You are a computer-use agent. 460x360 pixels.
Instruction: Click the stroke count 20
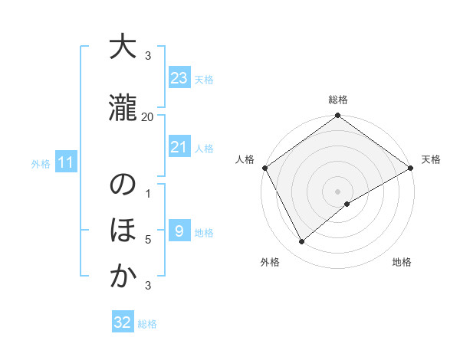[148, 116]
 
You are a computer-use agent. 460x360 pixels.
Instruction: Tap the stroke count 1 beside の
[148, 193]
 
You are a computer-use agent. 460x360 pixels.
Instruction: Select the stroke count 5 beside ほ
[148, 240]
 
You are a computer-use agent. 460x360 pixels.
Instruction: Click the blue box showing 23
[179, 78]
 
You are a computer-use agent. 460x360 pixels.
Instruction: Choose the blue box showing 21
[179, 148]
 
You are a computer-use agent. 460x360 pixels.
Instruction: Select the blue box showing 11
[66, 162]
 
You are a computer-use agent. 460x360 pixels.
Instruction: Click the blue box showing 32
[123, 322]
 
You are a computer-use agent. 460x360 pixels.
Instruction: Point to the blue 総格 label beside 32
[147, 324]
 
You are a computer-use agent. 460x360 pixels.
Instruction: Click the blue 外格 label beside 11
[41, 163]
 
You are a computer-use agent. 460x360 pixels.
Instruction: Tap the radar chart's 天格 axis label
[431, 159]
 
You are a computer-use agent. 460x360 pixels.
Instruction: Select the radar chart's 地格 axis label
[402, 262]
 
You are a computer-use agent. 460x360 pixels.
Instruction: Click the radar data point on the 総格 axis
[337, 116]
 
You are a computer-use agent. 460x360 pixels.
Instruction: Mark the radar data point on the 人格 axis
[264, 168]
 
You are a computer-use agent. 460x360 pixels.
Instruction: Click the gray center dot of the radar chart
[337, 191]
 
